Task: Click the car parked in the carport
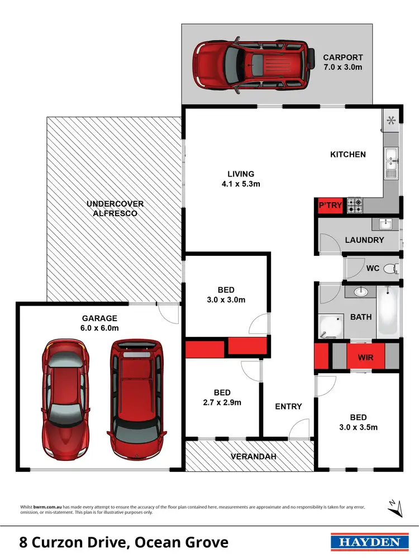251,64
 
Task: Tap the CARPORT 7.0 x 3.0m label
342,62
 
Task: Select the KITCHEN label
348,154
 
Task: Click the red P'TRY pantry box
330,206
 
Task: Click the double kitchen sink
390,162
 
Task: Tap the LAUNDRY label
364,240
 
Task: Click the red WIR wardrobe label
365,357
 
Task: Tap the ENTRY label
288,406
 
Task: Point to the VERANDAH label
254,456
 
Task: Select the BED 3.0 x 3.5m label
358,422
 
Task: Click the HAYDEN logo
367,542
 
